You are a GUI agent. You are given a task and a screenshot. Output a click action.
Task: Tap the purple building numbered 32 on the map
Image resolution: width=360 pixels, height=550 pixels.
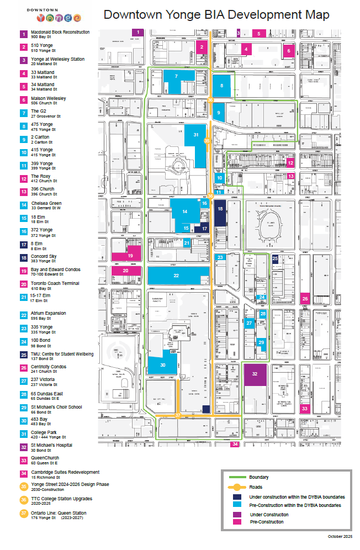click(x=255, y=374)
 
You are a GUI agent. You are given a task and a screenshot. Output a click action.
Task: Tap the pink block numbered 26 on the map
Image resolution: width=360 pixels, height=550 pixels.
click(x=305, y=299)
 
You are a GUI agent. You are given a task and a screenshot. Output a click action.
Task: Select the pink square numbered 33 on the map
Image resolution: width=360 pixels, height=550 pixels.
click(x=305, y=408)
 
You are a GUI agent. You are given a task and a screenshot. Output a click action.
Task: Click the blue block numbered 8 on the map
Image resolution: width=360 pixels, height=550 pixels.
click(x=222, y=86)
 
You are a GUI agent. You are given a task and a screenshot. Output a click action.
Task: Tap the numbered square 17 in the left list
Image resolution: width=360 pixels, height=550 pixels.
click(x=24, y=245)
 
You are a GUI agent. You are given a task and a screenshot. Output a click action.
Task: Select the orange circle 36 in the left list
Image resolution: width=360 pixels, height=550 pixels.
click(x=24, y=500)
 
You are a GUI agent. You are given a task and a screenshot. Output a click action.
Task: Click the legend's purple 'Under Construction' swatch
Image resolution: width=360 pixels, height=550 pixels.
click(x=238, y=515)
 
